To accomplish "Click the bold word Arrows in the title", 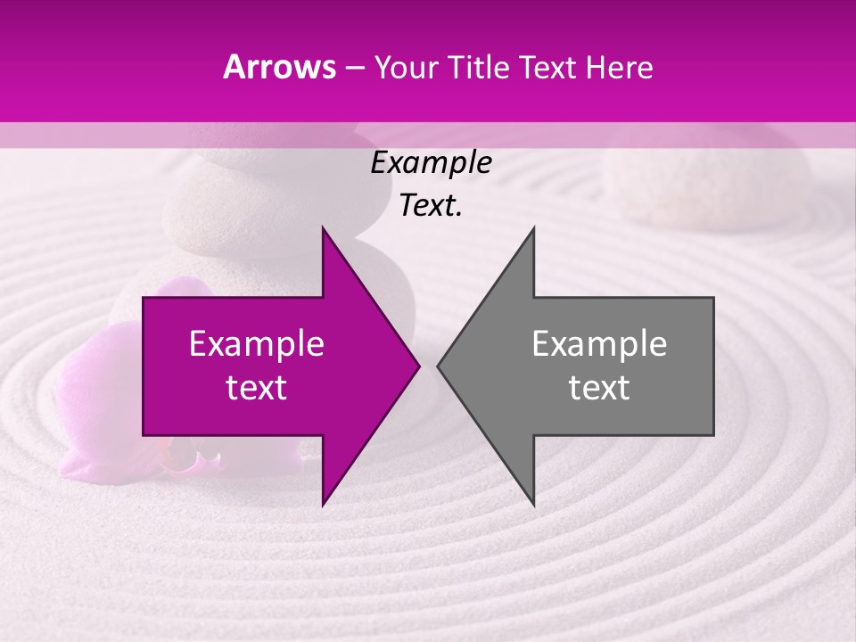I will point(280,67).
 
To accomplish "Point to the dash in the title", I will point(355,68).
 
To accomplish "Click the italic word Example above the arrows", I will point(431,163).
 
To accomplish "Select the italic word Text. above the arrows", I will point(431,206).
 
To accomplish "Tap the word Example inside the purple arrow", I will point(256,344).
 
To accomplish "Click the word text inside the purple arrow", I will point(256,388).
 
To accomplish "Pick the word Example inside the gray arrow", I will point(599,344).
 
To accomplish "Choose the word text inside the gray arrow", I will point(599,388).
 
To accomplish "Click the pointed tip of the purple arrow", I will point(419,366).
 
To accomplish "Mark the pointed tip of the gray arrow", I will point(438,366).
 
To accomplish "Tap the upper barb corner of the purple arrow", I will point(323,227).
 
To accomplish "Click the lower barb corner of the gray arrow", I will point(534,505).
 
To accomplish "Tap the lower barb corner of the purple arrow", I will point(323,505).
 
